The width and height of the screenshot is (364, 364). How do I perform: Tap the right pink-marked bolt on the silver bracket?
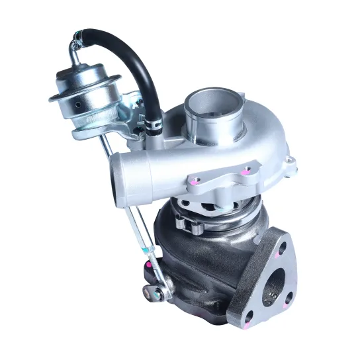[246, 171]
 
